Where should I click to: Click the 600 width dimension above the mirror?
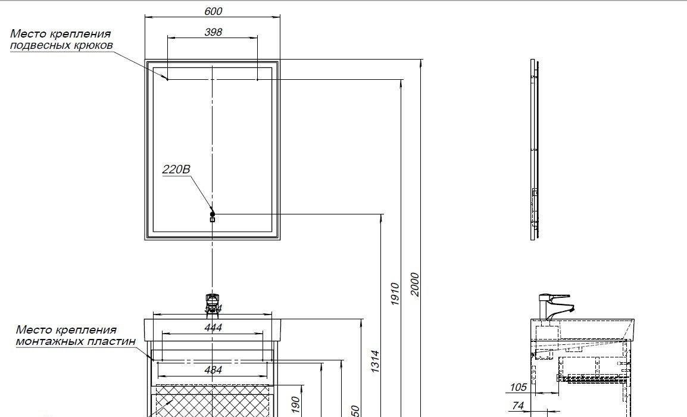(213, 11)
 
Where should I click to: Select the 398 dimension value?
(213, 32)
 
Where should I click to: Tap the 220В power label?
(176, 170)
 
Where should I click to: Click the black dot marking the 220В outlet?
(213, 213)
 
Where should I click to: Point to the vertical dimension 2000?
(415, 284)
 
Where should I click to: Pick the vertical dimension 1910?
(395, 294)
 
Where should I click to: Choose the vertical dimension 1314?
(375, 362)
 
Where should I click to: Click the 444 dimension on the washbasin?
(213, 328)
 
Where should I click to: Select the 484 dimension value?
(213, 370)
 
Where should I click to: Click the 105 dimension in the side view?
(518, 388)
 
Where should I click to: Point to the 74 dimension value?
(518, 406)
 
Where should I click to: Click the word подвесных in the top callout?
(39, 45)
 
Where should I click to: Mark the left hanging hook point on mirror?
(167, 79)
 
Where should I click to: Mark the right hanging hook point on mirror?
(257, 79)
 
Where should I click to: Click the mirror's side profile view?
(534, 149)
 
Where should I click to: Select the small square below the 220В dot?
(213, 220)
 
